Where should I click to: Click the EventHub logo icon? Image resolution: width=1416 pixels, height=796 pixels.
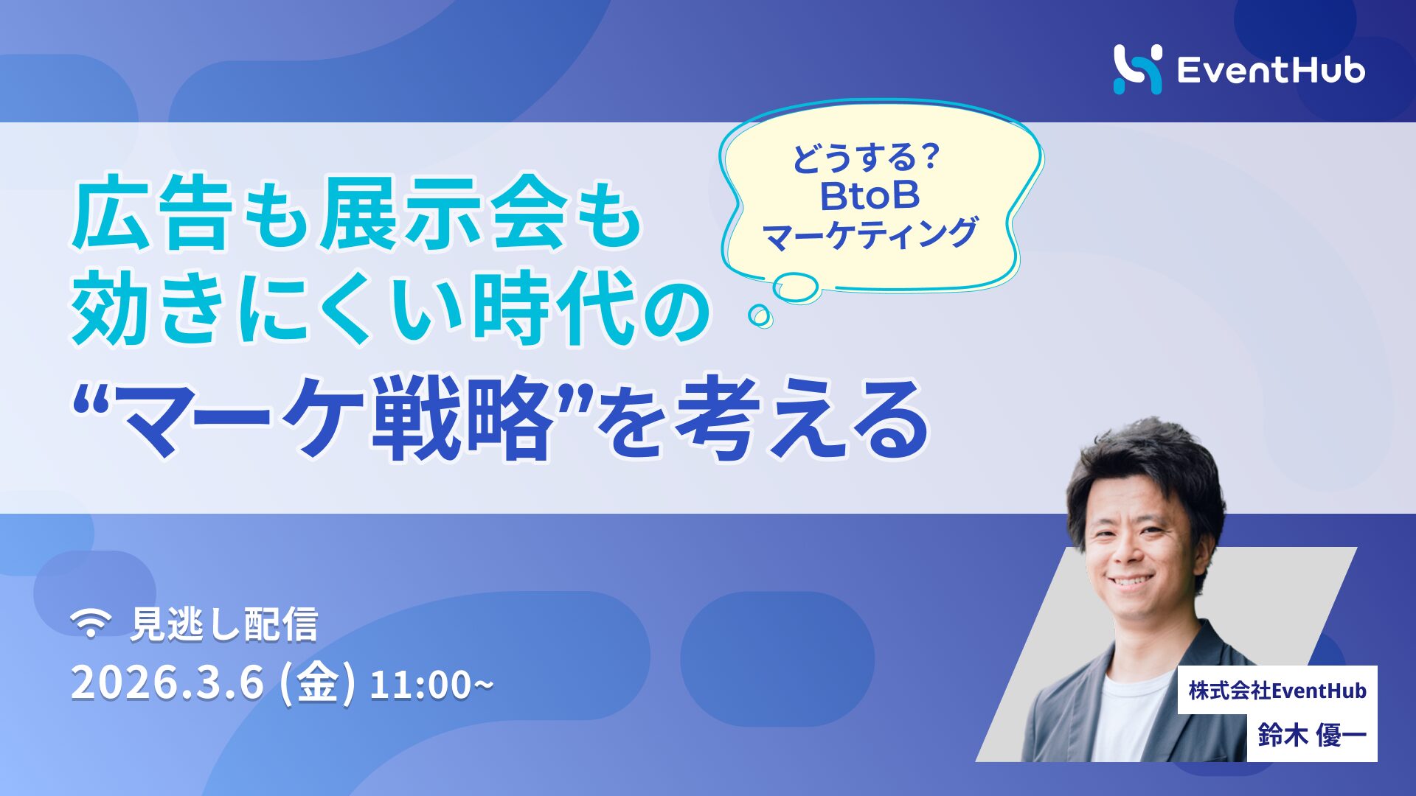click(x=1136, y=69)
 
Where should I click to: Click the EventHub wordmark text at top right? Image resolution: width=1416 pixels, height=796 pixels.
click(x=1270, y=71)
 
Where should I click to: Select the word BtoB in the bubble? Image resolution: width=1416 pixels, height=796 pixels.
click(x=870, y=196)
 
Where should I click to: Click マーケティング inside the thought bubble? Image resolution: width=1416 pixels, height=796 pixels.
click(x=870, y=234)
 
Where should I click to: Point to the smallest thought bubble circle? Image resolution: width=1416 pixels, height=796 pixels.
click(x=760, y=315)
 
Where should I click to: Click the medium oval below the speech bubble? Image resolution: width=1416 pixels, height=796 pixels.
click(x=795, y=287)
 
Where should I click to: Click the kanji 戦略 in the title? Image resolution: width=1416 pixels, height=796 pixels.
click(x=461, y=418)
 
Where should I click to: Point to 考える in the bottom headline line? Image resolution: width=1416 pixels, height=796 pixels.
click(x=800, y=418)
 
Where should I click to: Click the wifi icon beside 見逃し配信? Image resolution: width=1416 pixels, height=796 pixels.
click(x=91, y=624)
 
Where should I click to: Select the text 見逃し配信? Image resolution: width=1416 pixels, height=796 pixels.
click(x=223, y=624)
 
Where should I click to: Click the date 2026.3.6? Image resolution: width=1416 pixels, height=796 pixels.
click(x=167, y=683)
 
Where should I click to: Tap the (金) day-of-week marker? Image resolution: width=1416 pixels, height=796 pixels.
click(x=318, y=683)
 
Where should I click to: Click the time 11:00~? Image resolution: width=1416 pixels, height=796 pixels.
click(x=431, y=685)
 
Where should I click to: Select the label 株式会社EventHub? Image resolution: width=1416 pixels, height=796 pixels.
click(x=1277, y=691)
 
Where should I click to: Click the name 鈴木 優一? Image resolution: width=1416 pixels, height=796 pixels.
click(x=1312, y=736)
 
